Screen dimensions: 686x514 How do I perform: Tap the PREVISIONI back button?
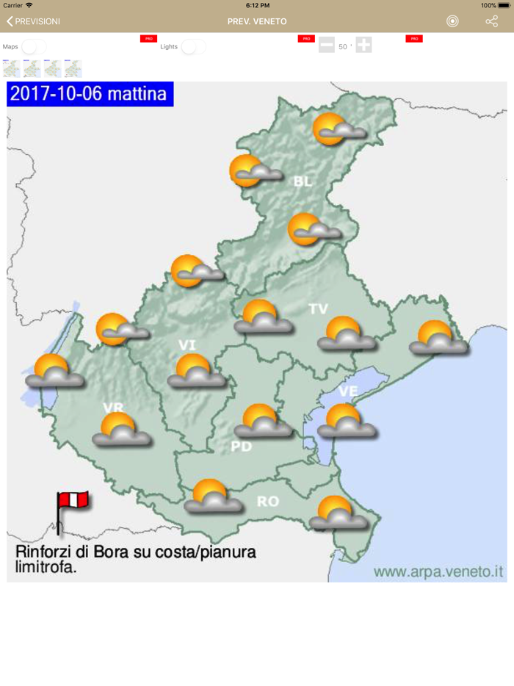pos(33,21)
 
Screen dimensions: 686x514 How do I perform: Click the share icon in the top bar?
pos(491,21)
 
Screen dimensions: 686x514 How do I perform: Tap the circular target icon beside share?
pos(452,21)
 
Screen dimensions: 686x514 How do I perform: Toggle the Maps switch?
pos(34,47)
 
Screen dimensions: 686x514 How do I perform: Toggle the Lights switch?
pos(194,47)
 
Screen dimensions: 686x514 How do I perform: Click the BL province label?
pos(303,181)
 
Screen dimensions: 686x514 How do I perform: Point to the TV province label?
pos(318,309)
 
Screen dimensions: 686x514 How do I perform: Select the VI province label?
pos(187,345)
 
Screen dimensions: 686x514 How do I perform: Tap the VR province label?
pos(113,408)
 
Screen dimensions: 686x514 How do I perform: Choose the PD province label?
pos(242,446)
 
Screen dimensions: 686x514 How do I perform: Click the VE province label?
pos(348,391)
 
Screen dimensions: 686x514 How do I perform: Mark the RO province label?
pos(267,502)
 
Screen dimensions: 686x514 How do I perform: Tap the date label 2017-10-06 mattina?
pos(90,94)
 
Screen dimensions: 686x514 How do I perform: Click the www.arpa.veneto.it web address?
pos(438,571)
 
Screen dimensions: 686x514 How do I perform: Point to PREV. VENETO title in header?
pos(257,21)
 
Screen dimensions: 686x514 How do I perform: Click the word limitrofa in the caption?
pos(46,567)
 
